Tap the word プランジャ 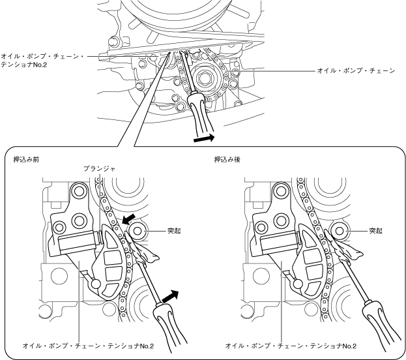point(100,168)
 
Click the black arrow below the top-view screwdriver point(204,138)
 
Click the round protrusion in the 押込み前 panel point(138,231)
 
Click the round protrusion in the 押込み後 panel point(340,231)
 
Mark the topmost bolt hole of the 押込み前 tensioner point(80,192)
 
